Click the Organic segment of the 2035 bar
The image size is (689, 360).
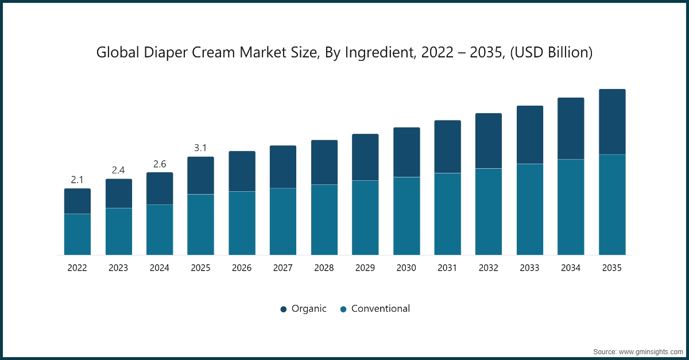(x=612, y=122)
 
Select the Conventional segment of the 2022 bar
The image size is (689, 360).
(x=78, y=234)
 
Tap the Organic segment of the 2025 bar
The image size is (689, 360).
(x=200, y=176)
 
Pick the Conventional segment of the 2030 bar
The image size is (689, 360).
(x=407, y=216)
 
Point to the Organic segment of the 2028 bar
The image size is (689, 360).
(x=324, y=162)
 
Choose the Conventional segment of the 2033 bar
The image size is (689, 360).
(x=530, y=210)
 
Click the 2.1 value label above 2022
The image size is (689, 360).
(x=77, y=180)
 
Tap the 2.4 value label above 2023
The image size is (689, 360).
(x=118, y=170)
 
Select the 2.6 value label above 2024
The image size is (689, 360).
(x=160, y=164)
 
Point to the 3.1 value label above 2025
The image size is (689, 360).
(x=200, y=148)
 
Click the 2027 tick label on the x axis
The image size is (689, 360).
(x=283, y=268)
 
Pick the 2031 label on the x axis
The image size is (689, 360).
(x=447, y=268)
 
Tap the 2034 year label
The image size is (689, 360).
(x=571, y=268)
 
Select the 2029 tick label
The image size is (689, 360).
(x=365, y=268)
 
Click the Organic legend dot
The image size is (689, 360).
(x=284, y=309)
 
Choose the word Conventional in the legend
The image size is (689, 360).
(x=381, y=309)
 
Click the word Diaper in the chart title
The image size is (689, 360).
(x=166, y=53)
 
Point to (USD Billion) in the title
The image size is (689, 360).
(x=551, y=53)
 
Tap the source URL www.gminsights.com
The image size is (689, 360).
(x=651, y=352)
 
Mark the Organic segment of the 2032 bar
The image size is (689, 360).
(x=489, y=141)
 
